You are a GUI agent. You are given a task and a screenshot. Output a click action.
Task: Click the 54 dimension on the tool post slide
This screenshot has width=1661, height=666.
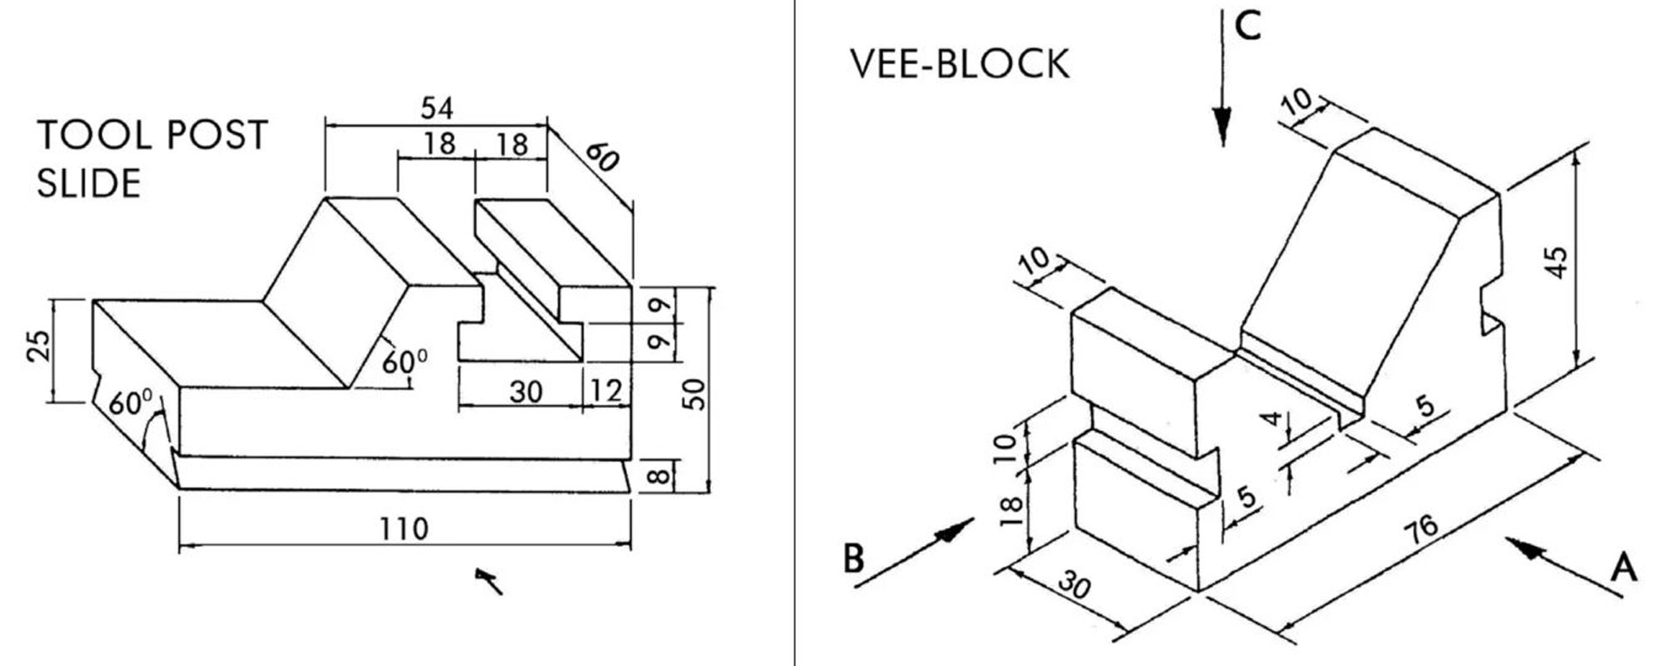[436, 108]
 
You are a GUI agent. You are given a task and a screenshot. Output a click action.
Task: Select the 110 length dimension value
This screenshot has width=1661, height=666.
[404, 529]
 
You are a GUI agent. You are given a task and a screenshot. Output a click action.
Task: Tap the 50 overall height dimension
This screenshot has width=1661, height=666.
[697, 393]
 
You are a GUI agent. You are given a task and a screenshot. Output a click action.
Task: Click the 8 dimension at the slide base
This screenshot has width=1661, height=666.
[658, 476]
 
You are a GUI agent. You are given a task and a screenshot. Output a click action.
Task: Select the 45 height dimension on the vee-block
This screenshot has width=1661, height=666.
[1558, 262]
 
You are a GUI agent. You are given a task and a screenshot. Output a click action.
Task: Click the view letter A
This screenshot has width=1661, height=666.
[1624, 569]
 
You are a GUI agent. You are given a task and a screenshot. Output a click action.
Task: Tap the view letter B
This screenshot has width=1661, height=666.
[853, 559]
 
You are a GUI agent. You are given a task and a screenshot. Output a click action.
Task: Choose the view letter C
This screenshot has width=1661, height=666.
[1247, 27]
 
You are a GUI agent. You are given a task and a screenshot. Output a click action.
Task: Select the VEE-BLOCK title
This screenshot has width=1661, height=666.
[959, 64]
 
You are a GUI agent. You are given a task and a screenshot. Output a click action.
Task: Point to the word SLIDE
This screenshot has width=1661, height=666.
[89, 183]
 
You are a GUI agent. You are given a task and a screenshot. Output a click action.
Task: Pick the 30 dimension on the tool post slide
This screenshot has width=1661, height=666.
[525, 390]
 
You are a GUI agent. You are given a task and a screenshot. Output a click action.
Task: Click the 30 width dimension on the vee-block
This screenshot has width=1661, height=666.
[1074, 586]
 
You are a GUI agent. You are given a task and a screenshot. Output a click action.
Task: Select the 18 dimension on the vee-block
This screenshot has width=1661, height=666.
[1010, 510]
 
